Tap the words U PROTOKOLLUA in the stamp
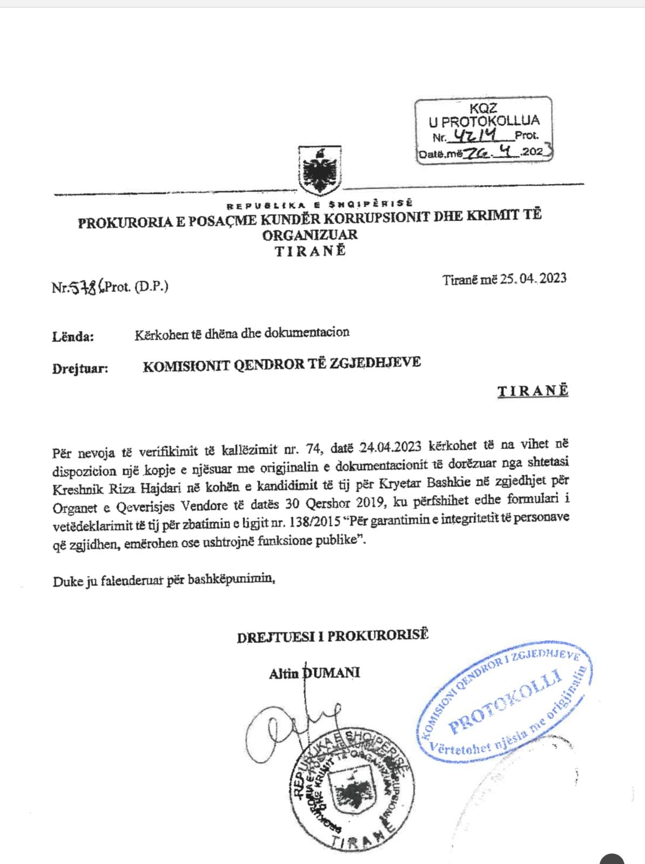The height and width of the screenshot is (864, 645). (x=484, y=121)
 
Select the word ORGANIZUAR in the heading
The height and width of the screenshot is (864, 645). (x=310, y=235)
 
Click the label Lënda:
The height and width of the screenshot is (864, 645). (x=73, y=337)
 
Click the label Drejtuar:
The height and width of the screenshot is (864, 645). (x=80, y=369)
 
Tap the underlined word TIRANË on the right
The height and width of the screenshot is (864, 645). (x=533, y=391)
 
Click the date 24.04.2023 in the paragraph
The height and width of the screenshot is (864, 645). (x=391, y=448)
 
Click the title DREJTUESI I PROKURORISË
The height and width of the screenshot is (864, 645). (x=332, y=636)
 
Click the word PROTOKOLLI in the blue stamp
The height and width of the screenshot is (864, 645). (x=505, y=702)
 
